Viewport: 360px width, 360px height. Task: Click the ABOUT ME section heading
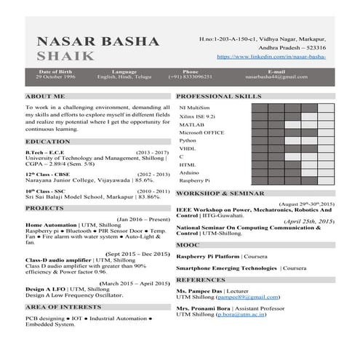[x=44, y=96]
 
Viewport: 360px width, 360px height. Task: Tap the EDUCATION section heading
[x=47, y=141]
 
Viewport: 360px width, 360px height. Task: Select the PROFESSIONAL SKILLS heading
[x=219, y=96]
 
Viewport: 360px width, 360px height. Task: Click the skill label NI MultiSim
[x=194, y=107]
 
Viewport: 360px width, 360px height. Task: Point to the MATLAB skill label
[x=191, y=124]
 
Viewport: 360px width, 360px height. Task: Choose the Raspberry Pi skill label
[x=195, y=180]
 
